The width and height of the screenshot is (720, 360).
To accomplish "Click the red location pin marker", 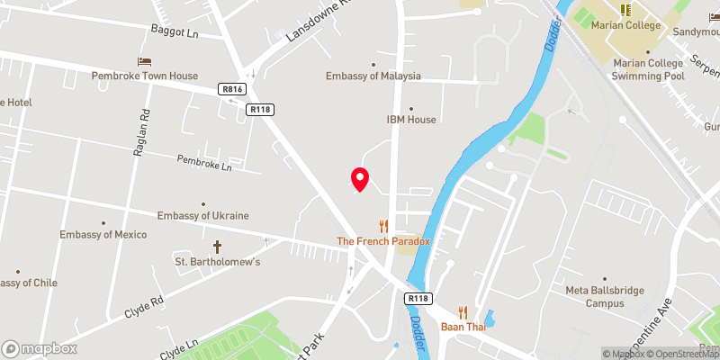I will tap(359, 179).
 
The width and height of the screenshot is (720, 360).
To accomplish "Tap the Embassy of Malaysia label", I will tap(373, 76).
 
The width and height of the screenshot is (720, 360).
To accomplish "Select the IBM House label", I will tap(410, 120).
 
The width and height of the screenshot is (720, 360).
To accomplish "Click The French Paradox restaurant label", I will tap(383, 241).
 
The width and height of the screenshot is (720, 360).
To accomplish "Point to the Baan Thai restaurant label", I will tap(463, 327).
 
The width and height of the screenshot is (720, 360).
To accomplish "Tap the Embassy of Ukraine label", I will tap(202, 216).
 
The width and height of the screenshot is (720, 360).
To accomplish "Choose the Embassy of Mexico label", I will tap(103, 235).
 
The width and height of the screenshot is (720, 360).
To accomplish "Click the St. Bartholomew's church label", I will tap(217, 262).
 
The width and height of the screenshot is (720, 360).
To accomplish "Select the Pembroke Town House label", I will tap(144, 76).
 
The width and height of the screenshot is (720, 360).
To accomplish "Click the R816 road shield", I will tap(231, 89).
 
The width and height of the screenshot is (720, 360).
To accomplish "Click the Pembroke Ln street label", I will tap(204, 165).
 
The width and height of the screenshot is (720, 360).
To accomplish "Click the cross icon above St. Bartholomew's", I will tap(217, 246).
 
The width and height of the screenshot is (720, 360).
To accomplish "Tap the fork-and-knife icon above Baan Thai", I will tap(463, 311).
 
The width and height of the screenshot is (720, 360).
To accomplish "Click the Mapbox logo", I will tap(40, 348).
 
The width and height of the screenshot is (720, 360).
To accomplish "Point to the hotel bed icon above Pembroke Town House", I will tap(144, 61).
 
